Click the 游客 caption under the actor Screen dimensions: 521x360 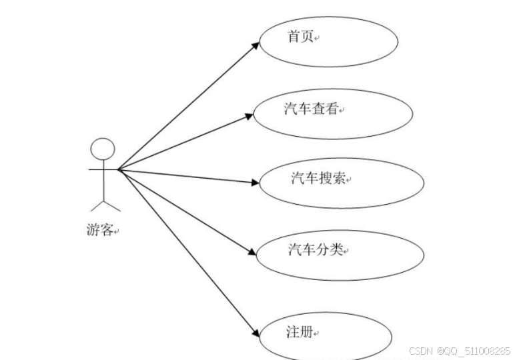[100, 231]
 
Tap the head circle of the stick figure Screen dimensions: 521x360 [103, 149]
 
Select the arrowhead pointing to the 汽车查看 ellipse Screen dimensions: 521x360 [249, 117]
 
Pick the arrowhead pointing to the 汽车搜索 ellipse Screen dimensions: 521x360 [255, 182]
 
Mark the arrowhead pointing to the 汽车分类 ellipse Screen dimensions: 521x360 [252, 253]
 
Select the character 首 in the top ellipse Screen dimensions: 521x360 [294, 37]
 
